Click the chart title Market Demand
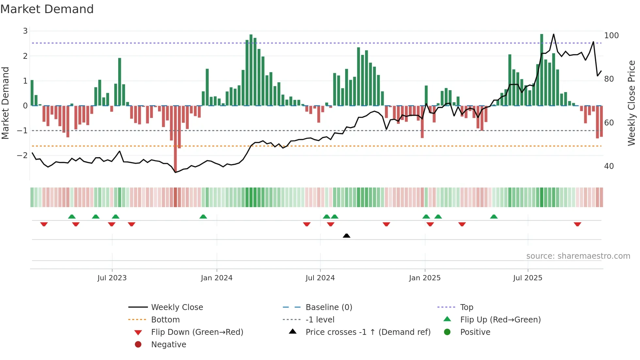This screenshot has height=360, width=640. click(x=47, y=9)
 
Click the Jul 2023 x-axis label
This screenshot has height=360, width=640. click(x=112, y=278)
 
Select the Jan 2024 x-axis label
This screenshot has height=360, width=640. click(x=216, y=278)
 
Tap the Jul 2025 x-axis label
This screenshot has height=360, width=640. click(x=527, y=278)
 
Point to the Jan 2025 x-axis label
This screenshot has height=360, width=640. click(x=424, y=278)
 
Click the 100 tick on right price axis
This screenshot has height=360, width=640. click(x=611, y=36)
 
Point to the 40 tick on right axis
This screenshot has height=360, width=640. click(x=609, y=166)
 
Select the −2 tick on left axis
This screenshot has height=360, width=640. click(x=22, y=155)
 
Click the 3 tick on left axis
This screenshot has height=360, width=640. click(x=25, y=31)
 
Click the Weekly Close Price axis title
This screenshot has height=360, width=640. click(x=632, y=103)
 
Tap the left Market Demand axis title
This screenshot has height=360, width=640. click(x=5, y=103)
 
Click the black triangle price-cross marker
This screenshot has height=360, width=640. click(x=346, y=236)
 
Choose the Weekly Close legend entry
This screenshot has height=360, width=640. click(x=177, y=307)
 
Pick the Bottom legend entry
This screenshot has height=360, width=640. click(x=165, y=320)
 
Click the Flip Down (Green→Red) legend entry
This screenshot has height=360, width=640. click(x=197, y=332)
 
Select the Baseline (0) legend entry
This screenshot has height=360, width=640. click(x=328, y=307)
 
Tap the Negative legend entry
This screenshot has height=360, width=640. click(x=168, y=345)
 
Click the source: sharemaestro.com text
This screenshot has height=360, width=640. click(x=578, y=256)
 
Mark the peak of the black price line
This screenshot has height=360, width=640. click(x=553, y=34)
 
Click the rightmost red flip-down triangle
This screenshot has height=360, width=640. click(x=577, y=224)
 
